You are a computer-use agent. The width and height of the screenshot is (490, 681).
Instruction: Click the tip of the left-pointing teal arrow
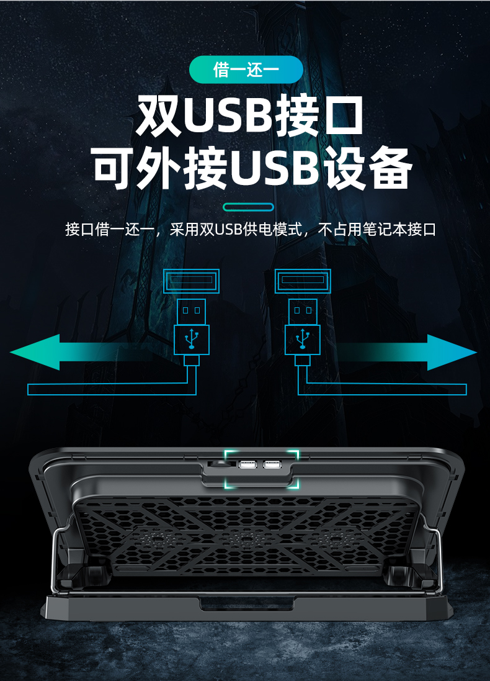point(10,352)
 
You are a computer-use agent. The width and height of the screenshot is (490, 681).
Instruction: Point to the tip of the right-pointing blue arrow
point(477,352)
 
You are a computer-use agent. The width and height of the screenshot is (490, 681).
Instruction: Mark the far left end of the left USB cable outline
point(28,389)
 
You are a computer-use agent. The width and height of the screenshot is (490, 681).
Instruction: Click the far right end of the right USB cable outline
point(466,389)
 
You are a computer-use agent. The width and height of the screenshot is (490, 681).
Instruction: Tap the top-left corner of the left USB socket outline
point(163,269)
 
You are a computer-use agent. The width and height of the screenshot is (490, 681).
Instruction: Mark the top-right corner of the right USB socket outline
point(331,269)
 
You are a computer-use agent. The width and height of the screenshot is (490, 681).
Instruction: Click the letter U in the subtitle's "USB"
point(219,230)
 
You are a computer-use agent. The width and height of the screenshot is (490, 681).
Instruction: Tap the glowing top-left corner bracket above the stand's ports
point(225,451)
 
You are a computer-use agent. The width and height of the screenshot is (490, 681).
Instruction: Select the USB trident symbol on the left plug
point(192,339)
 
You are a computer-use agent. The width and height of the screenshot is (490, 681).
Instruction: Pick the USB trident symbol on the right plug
point(303,339)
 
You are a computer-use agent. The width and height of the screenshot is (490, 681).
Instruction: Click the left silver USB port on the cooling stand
point(248,465)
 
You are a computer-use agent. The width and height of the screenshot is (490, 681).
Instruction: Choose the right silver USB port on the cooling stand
point(272,465)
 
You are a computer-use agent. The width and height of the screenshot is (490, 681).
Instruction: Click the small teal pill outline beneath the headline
point(248,207)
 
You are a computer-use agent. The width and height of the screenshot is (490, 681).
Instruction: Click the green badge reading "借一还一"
point(246,70)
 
